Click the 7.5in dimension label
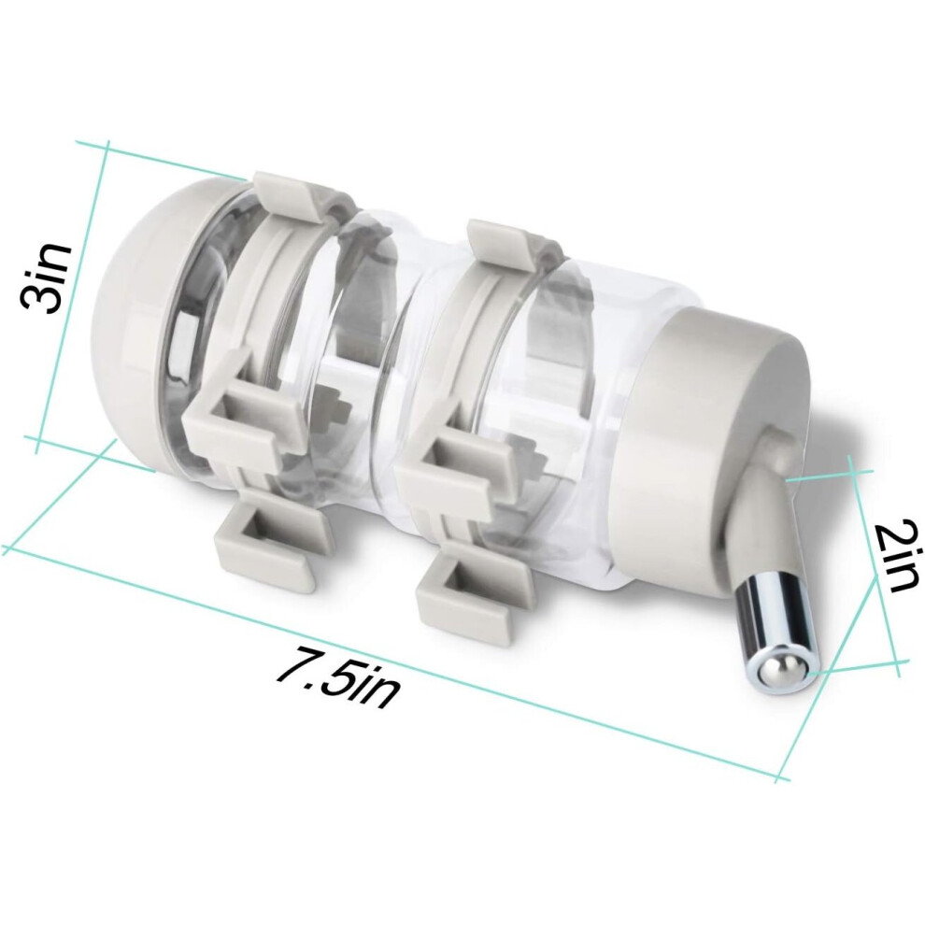click(x=338, y=676)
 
